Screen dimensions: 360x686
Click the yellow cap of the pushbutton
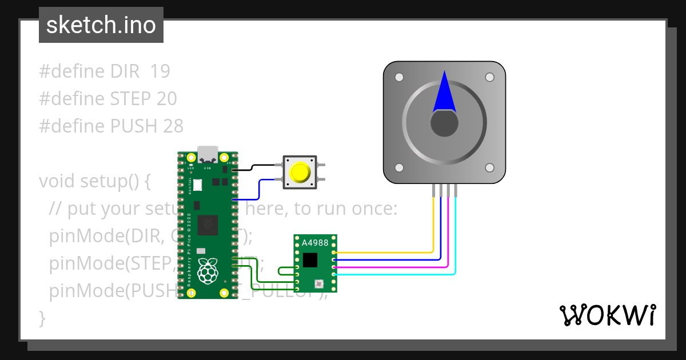tap(300, 172)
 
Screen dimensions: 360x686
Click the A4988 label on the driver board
tap(315, 242)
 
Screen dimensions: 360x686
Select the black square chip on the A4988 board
tap(310, 260)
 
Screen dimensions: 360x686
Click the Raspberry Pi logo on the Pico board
tap(207, 271)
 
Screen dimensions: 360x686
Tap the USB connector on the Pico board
tap(207, 155)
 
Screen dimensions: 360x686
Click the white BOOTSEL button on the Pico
tap(198, 185)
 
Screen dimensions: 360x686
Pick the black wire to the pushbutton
tap(260, 166)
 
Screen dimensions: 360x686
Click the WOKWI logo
tap(608, 315)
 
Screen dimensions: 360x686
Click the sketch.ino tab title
tap(101, 25)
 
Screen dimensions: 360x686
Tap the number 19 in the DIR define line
tap(160, 71)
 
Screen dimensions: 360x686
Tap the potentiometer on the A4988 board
tap(319, 283)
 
